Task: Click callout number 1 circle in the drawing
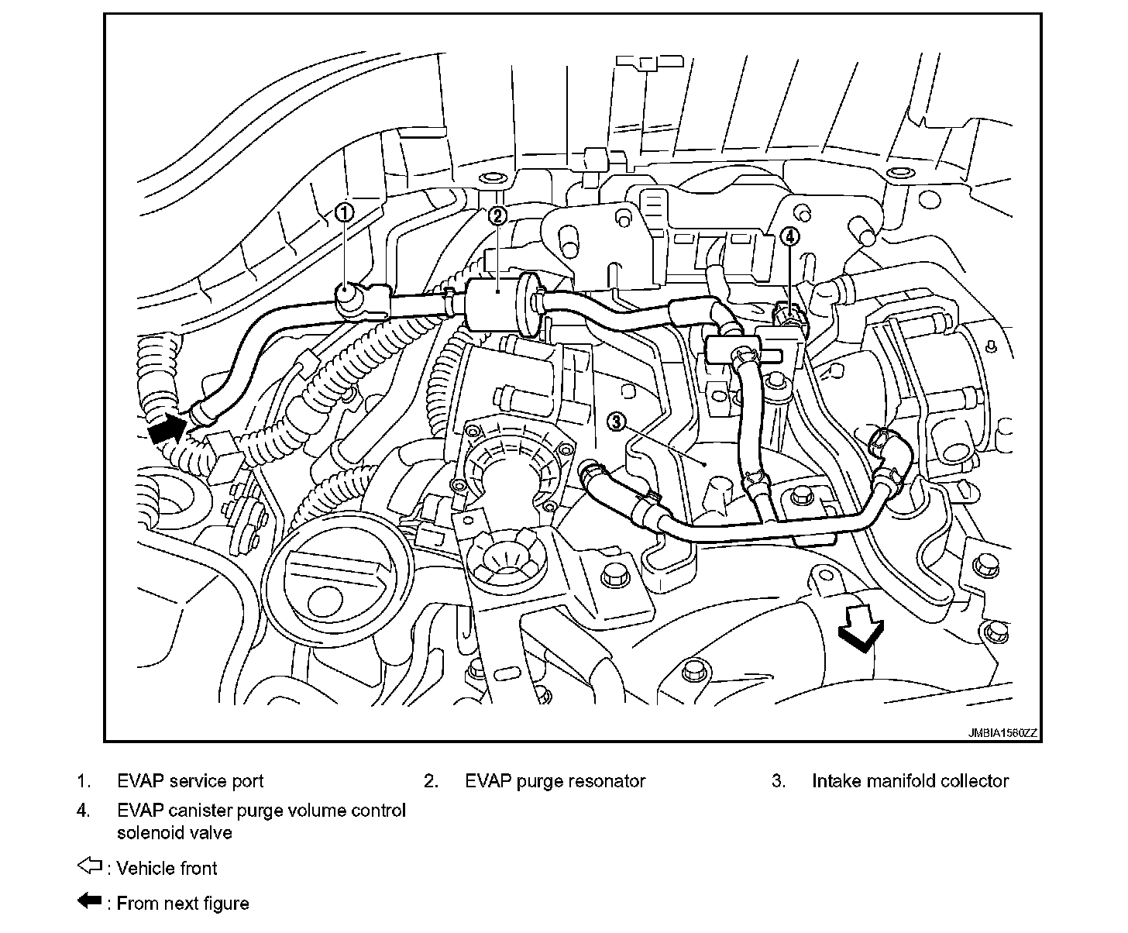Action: pyautogui.click(x=344, y=212)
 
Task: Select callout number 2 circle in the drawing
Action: pyautogui.click(x=497, y=215)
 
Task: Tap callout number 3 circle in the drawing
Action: pyautogui.click(x=616, y=422)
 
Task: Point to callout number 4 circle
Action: pyautogui.click(x=789, y=236)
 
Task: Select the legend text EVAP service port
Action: pyautogui.click(x=190, y=781)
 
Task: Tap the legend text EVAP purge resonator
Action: pyautogui.click(x=555, y=781)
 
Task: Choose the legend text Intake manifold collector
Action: pyautogui.click(x=910, y=781)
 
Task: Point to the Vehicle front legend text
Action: pyautogui.click(x=167, y=869)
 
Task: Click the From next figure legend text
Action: pyautogui.click(x=182, y=904)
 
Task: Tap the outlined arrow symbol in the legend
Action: pyautogui.click(x=91, y=866)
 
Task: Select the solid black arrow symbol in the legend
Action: pyautogui.click(x=91, y=900)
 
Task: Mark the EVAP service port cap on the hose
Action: pyautogui.click(x=346, y=296)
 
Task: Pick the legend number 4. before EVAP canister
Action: pyautogui.click(x=84, y=811)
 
